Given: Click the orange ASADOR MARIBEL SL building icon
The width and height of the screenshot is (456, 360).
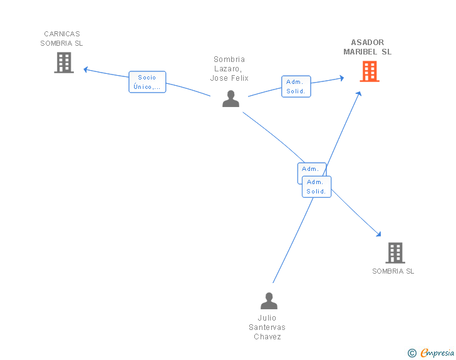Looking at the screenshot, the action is pos(370,71).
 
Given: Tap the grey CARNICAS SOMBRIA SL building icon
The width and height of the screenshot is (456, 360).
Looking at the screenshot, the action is pos(64,63).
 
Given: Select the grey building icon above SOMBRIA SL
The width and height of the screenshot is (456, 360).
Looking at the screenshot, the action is pos(395,253).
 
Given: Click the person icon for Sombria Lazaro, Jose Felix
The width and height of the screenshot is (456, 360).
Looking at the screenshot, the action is pos(231,99).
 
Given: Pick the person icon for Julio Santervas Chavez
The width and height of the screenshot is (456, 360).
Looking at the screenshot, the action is pos(269,301).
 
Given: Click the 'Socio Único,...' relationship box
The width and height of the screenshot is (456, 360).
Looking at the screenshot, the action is pos(147,82).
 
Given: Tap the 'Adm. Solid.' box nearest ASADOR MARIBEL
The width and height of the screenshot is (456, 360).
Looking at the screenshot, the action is pos(296,86).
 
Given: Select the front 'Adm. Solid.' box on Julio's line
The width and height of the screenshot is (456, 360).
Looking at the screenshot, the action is pos(316,187).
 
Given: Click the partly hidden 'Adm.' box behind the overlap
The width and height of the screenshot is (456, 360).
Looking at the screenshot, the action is pos(310,169).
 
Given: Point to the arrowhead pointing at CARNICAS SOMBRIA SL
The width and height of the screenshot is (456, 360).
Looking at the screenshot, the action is pos(85,69).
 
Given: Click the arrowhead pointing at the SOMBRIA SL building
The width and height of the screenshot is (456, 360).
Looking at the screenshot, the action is pos(378,234).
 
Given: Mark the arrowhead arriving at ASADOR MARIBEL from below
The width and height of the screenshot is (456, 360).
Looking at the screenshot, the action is pos(359,94).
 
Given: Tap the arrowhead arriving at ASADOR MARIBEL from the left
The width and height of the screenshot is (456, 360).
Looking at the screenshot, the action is pos(342,78).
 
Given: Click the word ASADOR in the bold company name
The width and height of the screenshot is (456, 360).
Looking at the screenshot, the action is pos(368,43).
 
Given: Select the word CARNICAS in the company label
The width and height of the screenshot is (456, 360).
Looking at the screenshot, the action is pos(62,34).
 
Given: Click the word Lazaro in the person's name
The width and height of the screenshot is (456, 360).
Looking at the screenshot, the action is pos(228,69).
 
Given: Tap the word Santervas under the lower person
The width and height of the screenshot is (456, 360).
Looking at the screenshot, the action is pos(267,327).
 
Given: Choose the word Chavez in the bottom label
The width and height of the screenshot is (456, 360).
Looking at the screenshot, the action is pos(267,336).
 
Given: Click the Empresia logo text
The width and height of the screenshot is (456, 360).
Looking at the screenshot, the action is pos(437,352).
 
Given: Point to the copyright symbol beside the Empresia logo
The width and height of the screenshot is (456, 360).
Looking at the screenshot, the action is pos(412,353).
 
